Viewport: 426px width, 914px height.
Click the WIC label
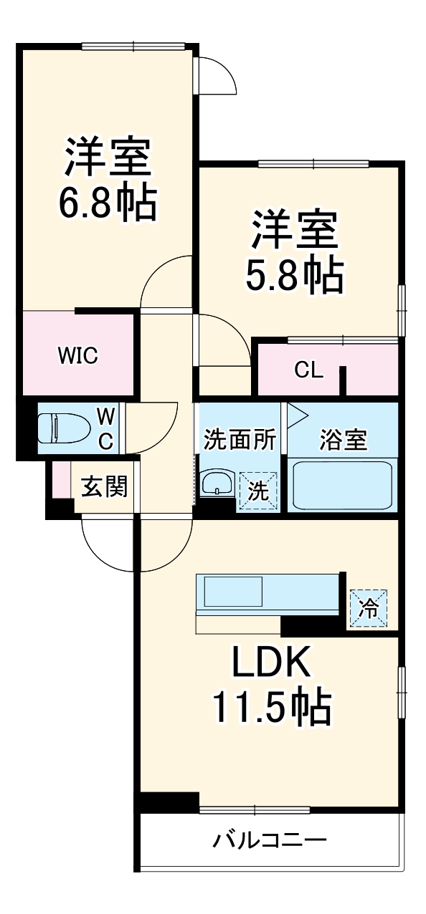(77, 355)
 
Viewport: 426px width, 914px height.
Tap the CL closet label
(308, 371)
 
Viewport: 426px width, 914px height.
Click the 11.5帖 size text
(270, 708)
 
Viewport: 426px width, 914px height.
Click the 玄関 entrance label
(104, 487)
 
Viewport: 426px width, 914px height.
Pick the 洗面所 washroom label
(240, 439)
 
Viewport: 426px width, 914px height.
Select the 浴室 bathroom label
(343, 439)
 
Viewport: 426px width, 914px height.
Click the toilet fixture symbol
(63, 428)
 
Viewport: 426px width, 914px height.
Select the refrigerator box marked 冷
(368, 608)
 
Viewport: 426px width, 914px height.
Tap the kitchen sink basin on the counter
(234, 592)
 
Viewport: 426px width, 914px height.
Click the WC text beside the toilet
(105, 428)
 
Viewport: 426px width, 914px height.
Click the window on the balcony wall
(255, 809)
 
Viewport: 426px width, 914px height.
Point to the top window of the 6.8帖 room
(135, 47)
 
